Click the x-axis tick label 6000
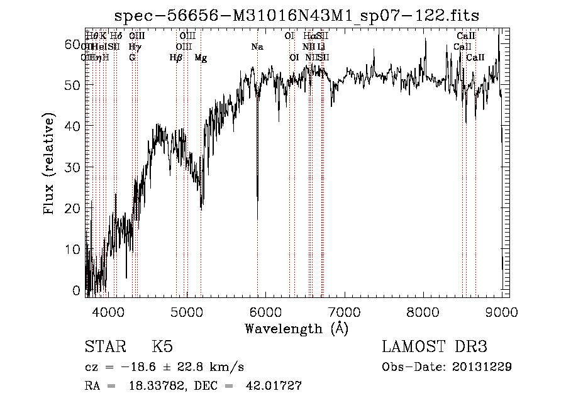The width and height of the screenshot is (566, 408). [x=265, y=312]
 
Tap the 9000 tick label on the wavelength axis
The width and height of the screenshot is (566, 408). [x=501, y=312]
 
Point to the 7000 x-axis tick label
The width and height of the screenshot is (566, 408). [x=343, y=312]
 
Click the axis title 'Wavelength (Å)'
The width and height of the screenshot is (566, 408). [x=296, y=328]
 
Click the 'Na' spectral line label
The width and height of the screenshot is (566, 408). [x=257, y=47]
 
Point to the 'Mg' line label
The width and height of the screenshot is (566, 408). [x=201, y=58]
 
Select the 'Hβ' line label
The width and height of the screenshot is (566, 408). [x=176, y=58]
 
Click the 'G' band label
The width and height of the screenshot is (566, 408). [x=132, y=58]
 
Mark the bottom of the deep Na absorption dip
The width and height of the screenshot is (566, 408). [x=257, y=200]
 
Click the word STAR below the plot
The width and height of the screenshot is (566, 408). [x=104, y=347]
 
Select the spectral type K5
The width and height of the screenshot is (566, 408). [x=162, y=347]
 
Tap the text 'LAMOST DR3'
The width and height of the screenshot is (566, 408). [x=435, y=347]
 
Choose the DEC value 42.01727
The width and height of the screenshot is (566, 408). [x=273, y=387]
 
